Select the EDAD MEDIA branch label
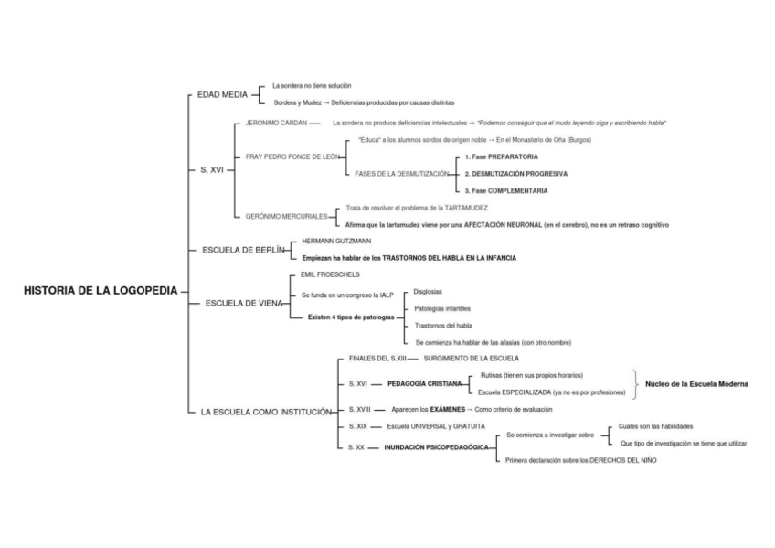(x=222, y=94)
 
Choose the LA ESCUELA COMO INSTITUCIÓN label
(x=265, y=413)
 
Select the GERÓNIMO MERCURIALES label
(x=287, y=216)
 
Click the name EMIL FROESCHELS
(x=330, y=274)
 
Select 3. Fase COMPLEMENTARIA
(x=505, y=190)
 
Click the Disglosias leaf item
(x=429, y=293)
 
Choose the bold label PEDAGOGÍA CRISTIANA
(x=424, y=384)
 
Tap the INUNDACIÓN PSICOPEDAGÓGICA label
(x=435, y=448)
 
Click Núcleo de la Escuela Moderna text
(x=696, y=384)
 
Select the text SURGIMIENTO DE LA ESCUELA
(x=471, y=358)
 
